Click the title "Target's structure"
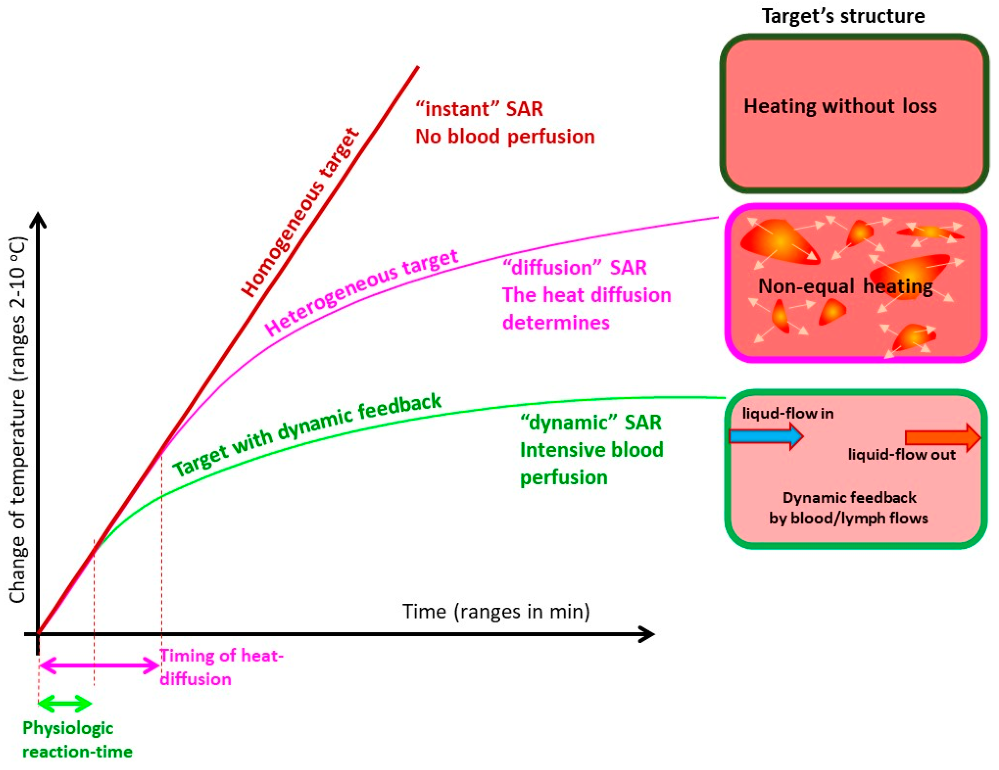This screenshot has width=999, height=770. point(843,16)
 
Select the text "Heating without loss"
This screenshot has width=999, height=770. point(840,106)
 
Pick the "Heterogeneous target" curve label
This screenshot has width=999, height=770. point(361,292)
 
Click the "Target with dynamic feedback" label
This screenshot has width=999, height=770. point(306,435)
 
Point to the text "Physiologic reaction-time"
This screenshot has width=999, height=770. point(77,739)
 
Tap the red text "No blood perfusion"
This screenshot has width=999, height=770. point(505,137)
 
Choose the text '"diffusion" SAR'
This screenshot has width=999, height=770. point(574,268)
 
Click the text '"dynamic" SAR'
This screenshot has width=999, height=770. point(591,422)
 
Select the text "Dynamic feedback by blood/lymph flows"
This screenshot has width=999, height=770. point(848,508)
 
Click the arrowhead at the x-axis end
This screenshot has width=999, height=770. point(648,634)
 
